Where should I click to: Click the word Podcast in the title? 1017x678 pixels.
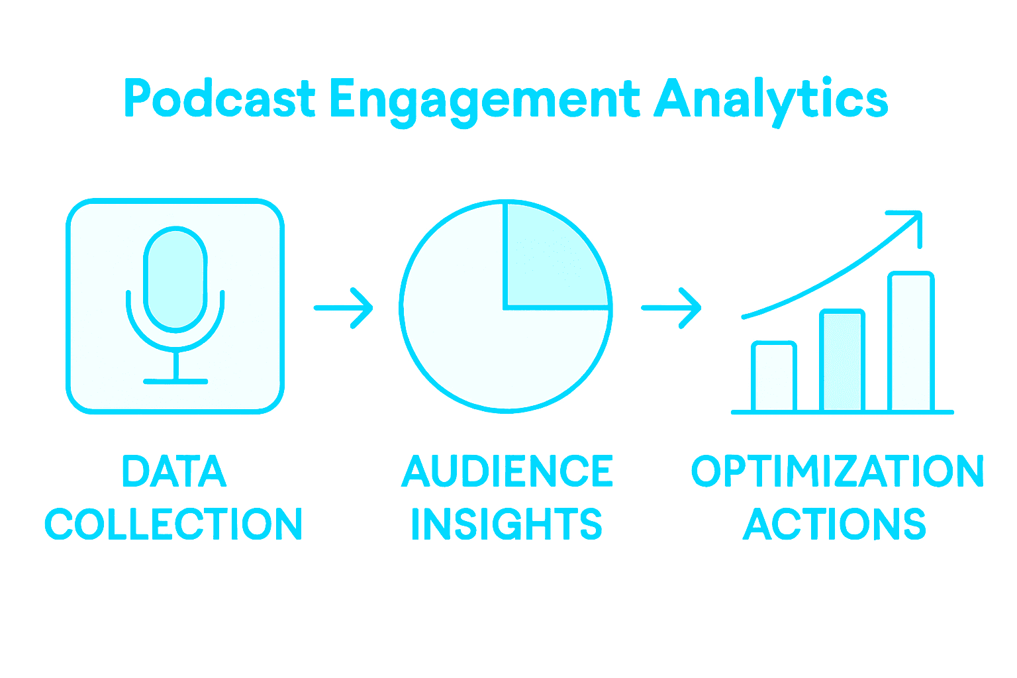[x=219, y=99]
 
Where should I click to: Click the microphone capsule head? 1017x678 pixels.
[x=175, y=278]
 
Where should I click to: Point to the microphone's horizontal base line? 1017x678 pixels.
[x=175, y=381]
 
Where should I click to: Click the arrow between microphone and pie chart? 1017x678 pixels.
[x=344, y=307]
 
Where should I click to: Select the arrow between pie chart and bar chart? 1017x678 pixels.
[x=671, y=307]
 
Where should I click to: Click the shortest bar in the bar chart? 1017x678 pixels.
[x=774, y=377]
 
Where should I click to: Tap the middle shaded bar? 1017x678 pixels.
[x=842, y=362]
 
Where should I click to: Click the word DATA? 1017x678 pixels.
[x=175, y=471]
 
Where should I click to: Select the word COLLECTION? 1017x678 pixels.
[x=173, y=524]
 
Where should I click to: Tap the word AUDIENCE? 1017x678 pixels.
[x=507, y=471]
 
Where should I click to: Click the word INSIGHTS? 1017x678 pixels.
[x=507, y=524]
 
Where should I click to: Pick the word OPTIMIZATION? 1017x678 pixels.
[x=838, y=471]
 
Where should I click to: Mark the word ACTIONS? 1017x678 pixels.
[x=834, y=524]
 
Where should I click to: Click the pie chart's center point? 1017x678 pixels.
[x=505, y=307]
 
